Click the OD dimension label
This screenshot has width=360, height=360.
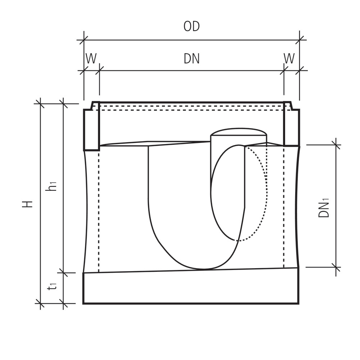click(x=191, y=27)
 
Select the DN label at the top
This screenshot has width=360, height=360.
click(x=191, y=59)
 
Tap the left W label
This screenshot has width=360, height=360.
click(x=91, y=59)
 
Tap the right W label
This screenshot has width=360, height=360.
click(x=289, y=59)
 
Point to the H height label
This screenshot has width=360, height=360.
click(x=28, y=204)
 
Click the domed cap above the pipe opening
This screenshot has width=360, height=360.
click(x=238, y=132)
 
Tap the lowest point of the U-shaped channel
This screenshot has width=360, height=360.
click(x=204, y=269)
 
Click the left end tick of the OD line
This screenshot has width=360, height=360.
click(x=84, y=40)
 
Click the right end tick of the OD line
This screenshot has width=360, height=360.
click(x=300, y=40)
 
